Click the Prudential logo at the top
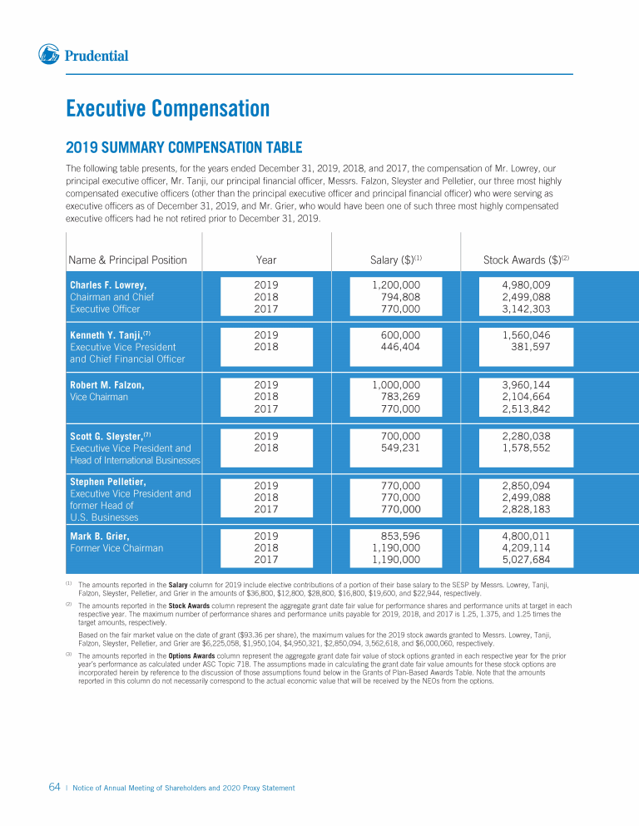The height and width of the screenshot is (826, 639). [x=83, y=56]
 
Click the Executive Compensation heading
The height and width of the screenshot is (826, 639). [x=167, y=109]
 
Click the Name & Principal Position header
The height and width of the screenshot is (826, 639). [x=128, y=260]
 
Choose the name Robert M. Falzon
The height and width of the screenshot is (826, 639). [x=107, y=385]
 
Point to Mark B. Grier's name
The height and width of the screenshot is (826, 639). [x=99, y=536]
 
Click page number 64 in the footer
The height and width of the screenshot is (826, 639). [x=52, y=787]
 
